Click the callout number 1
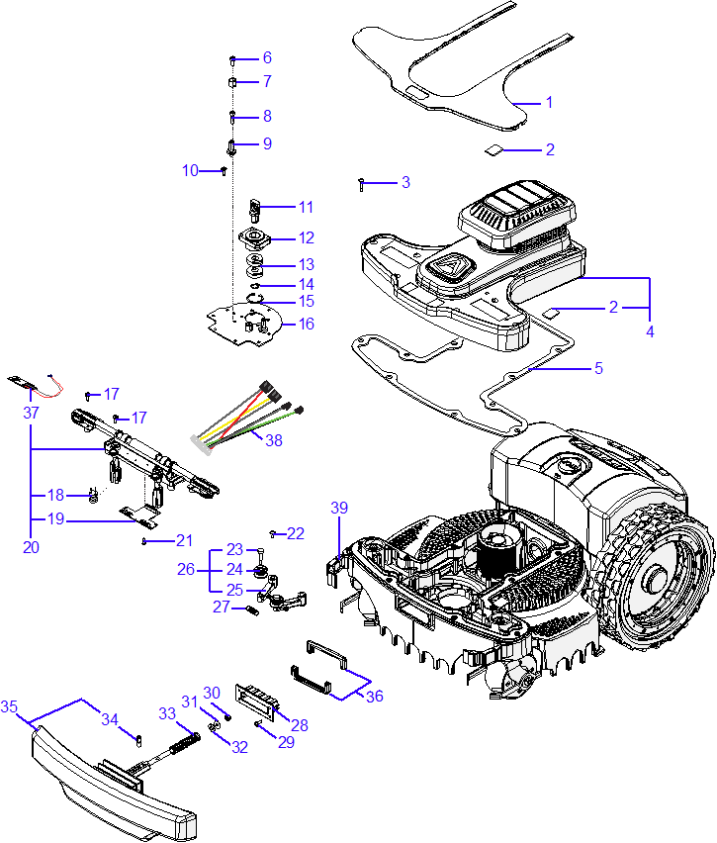(550, 102)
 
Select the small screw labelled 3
(363, 183)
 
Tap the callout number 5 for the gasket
(597, 369)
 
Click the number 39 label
(339, 508)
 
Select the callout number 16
(307, 324)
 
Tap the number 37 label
(31, 412)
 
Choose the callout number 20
(31, 547)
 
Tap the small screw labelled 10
(224, 170)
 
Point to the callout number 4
(650, 332)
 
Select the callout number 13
(307, 264)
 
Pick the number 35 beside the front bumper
(9, 707)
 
